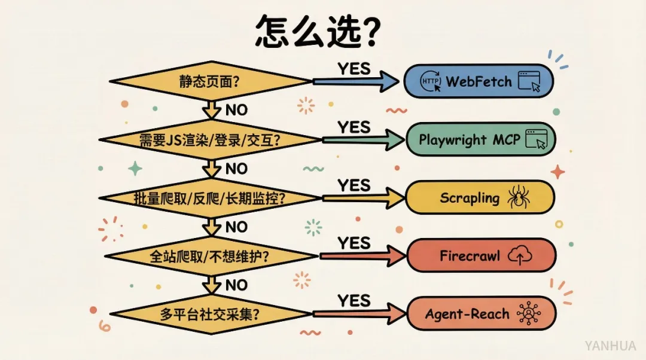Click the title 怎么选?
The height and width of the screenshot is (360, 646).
click(317, 31)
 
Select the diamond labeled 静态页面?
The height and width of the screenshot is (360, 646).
click(210, 81)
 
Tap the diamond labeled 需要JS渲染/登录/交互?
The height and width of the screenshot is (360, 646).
click(210, 140)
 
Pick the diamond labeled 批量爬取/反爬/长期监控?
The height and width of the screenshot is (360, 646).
click(210, 198)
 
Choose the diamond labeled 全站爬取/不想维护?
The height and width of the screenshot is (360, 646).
click(210, 256)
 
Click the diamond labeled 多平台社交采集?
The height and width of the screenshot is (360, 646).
click(210, 314)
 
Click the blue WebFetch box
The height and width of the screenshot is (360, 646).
click(479, 81)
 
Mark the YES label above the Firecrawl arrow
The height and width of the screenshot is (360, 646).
click(354, 243)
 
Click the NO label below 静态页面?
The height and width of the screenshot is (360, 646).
click(236, 110)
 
